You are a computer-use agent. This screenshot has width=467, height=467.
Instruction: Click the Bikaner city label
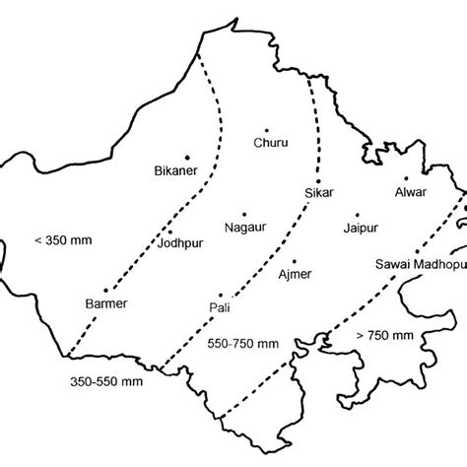177,171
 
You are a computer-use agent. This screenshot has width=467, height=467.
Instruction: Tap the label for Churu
271,143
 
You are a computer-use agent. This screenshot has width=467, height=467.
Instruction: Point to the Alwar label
411,192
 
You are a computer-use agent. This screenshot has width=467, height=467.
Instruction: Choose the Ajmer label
294,274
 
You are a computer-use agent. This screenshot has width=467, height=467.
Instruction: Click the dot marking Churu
269,127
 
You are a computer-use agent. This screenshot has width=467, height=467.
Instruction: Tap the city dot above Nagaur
245,211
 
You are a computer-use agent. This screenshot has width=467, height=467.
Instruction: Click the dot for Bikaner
186,156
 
